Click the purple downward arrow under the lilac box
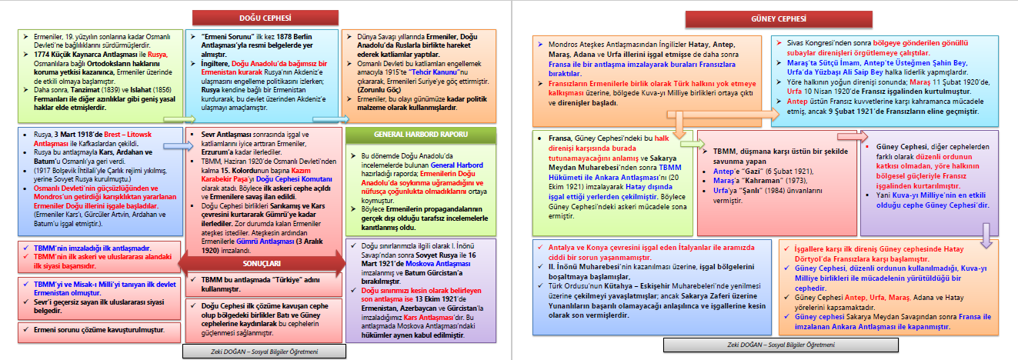(x=986, y=232)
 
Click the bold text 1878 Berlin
(x=304, y=37)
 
